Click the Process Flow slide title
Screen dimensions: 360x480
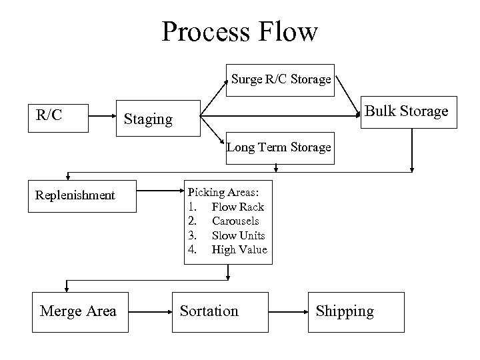(240, 31)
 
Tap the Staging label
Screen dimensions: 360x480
(148, 119)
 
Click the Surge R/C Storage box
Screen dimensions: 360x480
(281, 79)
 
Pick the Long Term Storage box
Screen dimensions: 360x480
(279, 147)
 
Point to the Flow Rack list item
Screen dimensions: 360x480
(237, 207)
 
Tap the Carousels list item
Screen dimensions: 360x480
(235, 221)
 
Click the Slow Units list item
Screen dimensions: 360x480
(238, 235)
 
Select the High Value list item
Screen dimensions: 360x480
(239, 249)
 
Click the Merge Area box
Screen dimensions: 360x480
(78, 311)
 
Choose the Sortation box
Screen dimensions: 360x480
(209, 311)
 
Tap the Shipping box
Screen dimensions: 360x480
(345, 311)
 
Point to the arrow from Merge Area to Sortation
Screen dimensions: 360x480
(150, 311)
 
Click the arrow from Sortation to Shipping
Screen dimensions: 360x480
(287, 311)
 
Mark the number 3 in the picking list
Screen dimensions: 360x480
(192, 235)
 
